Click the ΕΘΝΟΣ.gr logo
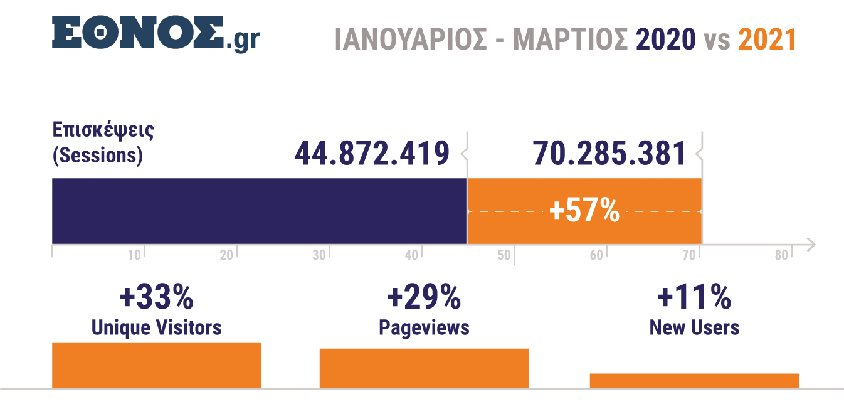[156, 34]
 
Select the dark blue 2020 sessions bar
[259, 211]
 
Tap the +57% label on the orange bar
[584, 211]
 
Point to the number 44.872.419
[372, 154]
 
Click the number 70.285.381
[609, 154]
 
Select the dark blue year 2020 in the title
[665, 40]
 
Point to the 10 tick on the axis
[134, 255]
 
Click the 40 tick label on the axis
[411, 255]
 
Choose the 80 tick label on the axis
[781, 255]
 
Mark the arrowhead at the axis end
[810, 244]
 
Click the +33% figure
[156, 297]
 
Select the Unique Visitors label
[156, 327]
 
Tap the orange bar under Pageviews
[424, 368]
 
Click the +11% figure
[694, 297]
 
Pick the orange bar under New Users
[694, 381]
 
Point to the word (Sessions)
[97, 155]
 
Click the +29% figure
[424, 297]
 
